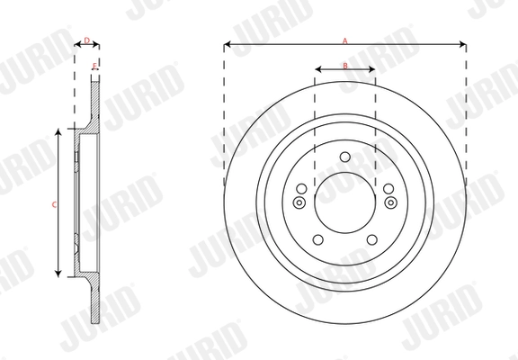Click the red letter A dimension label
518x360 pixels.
tap(344, 39)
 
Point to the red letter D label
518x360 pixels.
tap(86, 40)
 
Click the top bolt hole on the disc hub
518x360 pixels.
tap(344, 158)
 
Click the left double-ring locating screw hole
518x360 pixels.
tap(299, 202)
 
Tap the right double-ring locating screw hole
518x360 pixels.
tap(389, 202)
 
